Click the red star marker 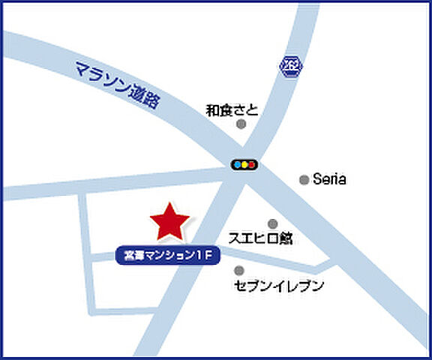[x=169, y=220]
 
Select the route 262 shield [x=290, y=66]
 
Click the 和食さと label [x=232, y=110]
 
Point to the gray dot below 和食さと [x=241, y=124]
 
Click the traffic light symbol [x=244, y=164]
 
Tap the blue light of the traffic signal [x=236, y=164]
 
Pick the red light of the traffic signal [x=253, y=164]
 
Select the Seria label [x=329, y=179]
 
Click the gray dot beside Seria [x=304, y=179]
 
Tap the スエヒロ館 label [x=259, y=239]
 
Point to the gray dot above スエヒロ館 [x=272, y=223]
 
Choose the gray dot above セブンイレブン [x=239, y=271]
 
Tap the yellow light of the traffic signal [x=244, y=164]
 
